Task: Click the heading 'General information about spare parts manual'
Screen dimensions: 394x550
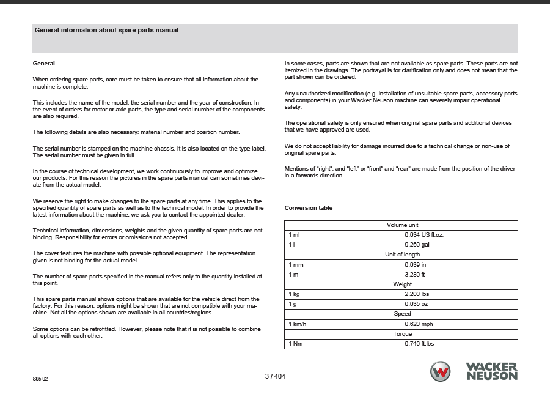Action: (x=106, y=30)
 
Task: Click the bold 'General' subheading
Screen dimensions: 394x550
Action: (x=43, y=64)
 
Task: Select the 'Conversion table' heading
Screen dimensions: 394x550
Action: (x=309, y=208)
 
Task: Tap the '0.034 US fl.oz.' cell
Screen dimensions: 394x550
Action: (x=425, y=235)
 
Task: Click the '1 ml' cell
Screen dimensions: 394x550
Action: (x=294, y=235)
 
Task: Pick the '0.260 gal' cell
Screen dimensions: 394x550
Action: (x=417, y=245)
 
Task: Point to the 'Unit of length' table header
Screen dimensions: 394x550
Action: (x=402, y=255)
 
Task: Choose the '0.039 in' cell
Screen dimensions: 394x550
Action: (x=416, y=265)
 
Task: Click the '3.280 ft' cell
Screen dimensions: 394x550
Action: (x=416, y=275)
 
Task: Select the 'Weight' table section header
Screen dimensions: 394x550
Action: (x=402, y=284)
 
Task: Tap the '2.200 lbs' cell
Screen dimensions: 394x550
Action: (x=417, y=294)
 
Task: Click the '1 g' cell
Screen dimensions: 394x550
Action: (x=292, y=304)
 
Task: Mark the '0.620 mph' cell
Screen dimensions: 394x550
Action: (x=419, y=324)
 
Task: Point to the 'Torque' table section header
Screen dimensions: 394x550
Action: (x=402, y=334)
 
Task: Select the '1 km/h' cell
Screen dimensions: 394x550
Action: (x=297, y=324)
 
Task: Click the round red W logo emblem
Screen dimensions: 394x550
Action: (x=440, y=371)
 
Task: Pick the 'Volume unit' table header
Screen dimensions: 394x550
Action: (x=402, y=225)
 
